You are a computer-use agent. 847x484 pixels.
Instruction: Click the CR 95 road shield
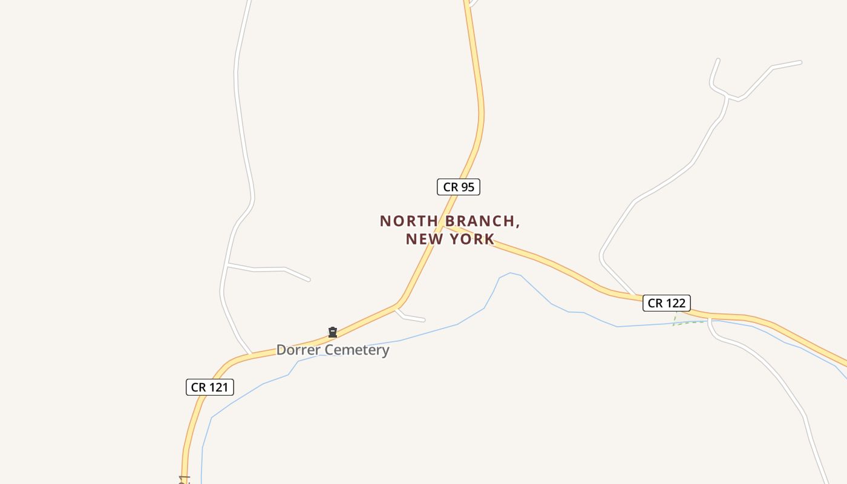click(x=459, y=187)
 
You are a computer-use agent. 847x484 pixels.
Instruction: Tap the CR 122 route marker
click(x=666, y=303)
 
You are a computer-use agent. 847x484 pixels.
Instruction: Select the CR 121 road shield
click(x=209, y=387)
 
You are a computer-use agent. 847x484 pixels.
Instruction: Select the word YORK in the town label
click(x=471, y=239)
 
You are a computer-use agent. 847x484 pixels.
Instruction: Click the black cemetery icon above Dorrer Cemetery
click(x=332, y=332)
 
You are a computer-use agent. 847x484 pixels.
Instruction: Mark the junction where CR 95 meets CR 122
click(x=446, y=227)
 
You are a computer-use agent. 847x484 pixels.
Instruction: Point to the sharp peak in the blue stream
click(x=511, y=273)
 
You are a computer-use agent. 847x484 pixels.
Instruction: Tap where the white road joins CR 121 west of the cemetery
click(x=250, y=353)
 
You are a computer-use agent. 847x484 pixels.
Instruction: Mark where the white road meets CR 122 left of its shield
click(x=635, y=296)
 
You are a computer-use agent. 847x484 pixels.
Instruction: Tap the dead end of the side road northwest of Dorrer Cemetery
click(x=309, y=280)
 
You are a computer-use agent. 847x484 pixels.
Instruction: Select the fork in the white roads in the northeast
click(x=728, y=97)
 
